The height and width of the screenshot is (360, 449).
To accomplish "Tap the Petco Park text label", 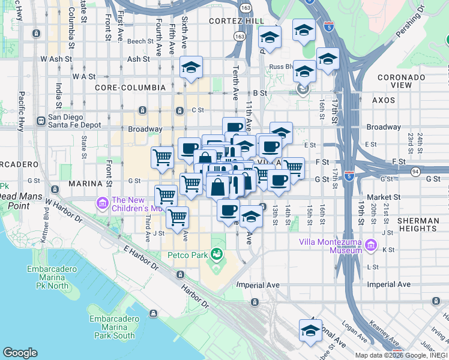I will [187, 256].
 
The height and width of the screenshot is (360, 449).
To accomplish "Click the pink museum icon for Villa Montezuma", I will [372, 245].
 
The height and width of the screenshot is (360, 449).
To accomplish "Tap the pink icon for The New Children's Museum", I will [102, 204].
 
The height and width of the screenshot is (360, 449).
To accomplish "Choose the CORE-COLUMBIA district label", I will [130, 88].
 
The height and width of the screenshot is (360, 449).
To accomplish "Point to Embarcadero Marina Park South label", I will [112, 327].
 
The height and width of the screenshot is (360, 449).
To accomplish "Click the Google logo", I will [20, 353].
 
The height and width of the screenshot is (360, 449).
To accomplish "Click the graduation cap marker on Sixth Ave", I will [191, 67].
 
